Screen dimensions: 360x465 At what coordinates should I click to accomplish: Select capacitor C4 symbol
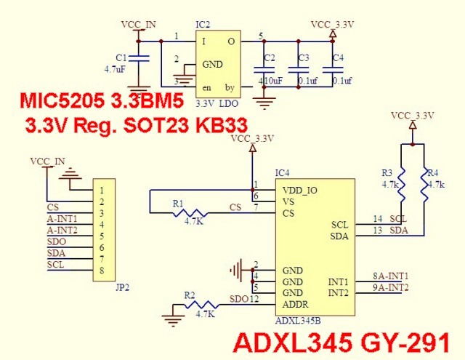coord(331,69)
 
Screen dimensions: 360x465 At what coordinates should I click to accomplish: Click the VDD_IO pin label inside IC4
coord(299,190)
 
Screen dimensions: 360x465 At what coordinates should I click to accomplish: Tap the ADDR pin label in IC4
coord(294,304)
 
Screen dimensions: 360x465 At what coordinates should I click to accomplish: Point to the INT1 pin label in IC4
coord(338,281)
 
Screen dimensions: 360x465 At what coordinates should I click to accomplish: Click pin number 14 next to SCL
coord(378,219)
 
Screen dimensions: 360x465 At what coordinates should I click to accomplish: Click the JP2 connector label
coord(122,287)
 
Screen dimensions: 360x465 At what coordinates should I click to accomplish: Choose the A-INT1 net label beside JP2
coord(62,218)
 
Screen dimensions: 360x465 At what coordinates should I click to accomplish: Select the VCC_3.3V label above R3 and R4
coord(412,116)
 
